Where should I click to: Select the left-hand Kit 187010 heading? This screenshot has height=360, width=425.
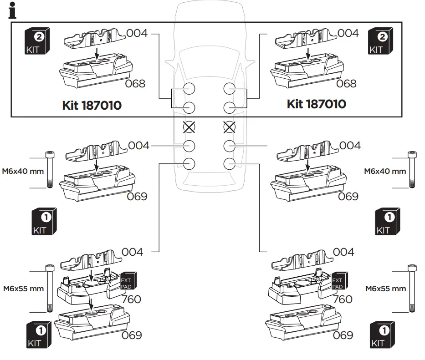coord(92,106)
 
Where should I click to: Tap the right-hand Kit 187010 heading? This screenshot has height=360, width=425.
coord(316,104)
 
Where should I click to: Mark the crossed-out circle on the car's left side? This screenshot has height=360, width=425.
coord(189,127)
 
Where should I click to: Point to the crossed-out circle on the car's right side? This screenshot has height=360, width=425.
coord(229,127)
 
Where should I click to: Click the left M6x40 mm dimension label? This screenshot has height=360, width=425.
coord(22,171)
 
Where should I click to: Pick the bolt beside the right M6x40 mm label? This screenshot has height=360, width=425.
coord(412,169)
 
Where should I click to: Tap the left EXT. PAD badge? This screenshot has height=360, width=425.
coord(126,283)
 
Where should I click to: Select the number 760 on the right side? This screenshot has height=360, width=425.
coord(343,299)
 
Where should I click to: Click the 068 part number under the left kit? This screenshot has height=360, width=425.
coord(135,84)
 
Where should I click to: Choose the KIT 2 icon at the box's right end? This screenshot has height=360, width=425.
coord(379,41)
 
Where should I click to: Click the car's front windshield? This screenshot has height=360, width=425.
coord(209,61)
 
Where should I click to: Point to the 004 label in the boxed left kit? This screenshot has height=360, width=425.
coord(137,33)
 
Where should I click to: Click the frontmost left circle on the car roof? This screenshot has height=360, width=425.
coord(189,88)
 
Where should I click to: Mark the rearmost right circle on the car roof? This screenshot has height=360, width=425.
coord(229,163)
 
